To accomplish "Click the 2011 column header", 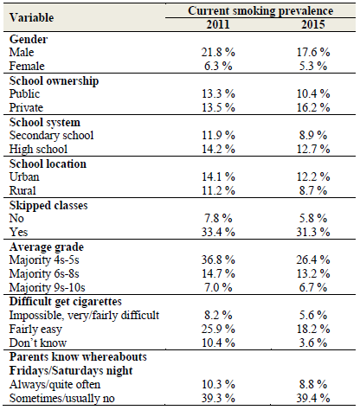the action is pos(218,24).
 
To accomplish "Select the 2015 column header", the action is pos(313,24).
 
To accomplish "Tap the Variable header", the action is pos(31,17).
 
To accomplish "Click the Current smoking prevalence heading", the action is pos(260,11).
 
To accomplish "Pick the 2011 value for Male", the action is pos(218,52).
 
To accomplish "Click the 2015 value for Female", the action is pos(313,66).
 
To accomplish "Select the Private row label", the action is pos(26,107).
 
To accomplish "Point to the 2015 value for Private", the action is pos(313,107).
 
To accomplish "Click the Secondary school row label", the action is pos(51,135).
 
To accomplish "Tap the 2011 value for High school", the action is pos(218,149).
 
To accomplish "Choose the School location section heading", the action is pos(48,163).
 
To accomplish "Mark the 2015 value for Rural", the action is pos(313,190).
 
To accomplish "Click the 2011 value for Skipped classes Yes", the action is pos(218,232).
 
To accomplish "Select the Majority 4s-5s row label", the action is pos(44,259).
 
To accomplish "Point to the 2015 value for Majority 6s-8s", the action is pos(313,273).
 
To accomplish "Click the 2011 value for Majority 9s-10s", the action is pos(218,287).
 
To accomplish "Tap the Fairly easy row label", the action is pos(35,330).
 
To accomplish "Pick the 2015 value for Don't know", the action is pos(313,343).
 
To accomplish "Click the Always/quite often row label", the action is pos(55,385).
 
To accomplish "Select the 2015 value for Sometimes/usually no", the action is pos(313,398).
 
